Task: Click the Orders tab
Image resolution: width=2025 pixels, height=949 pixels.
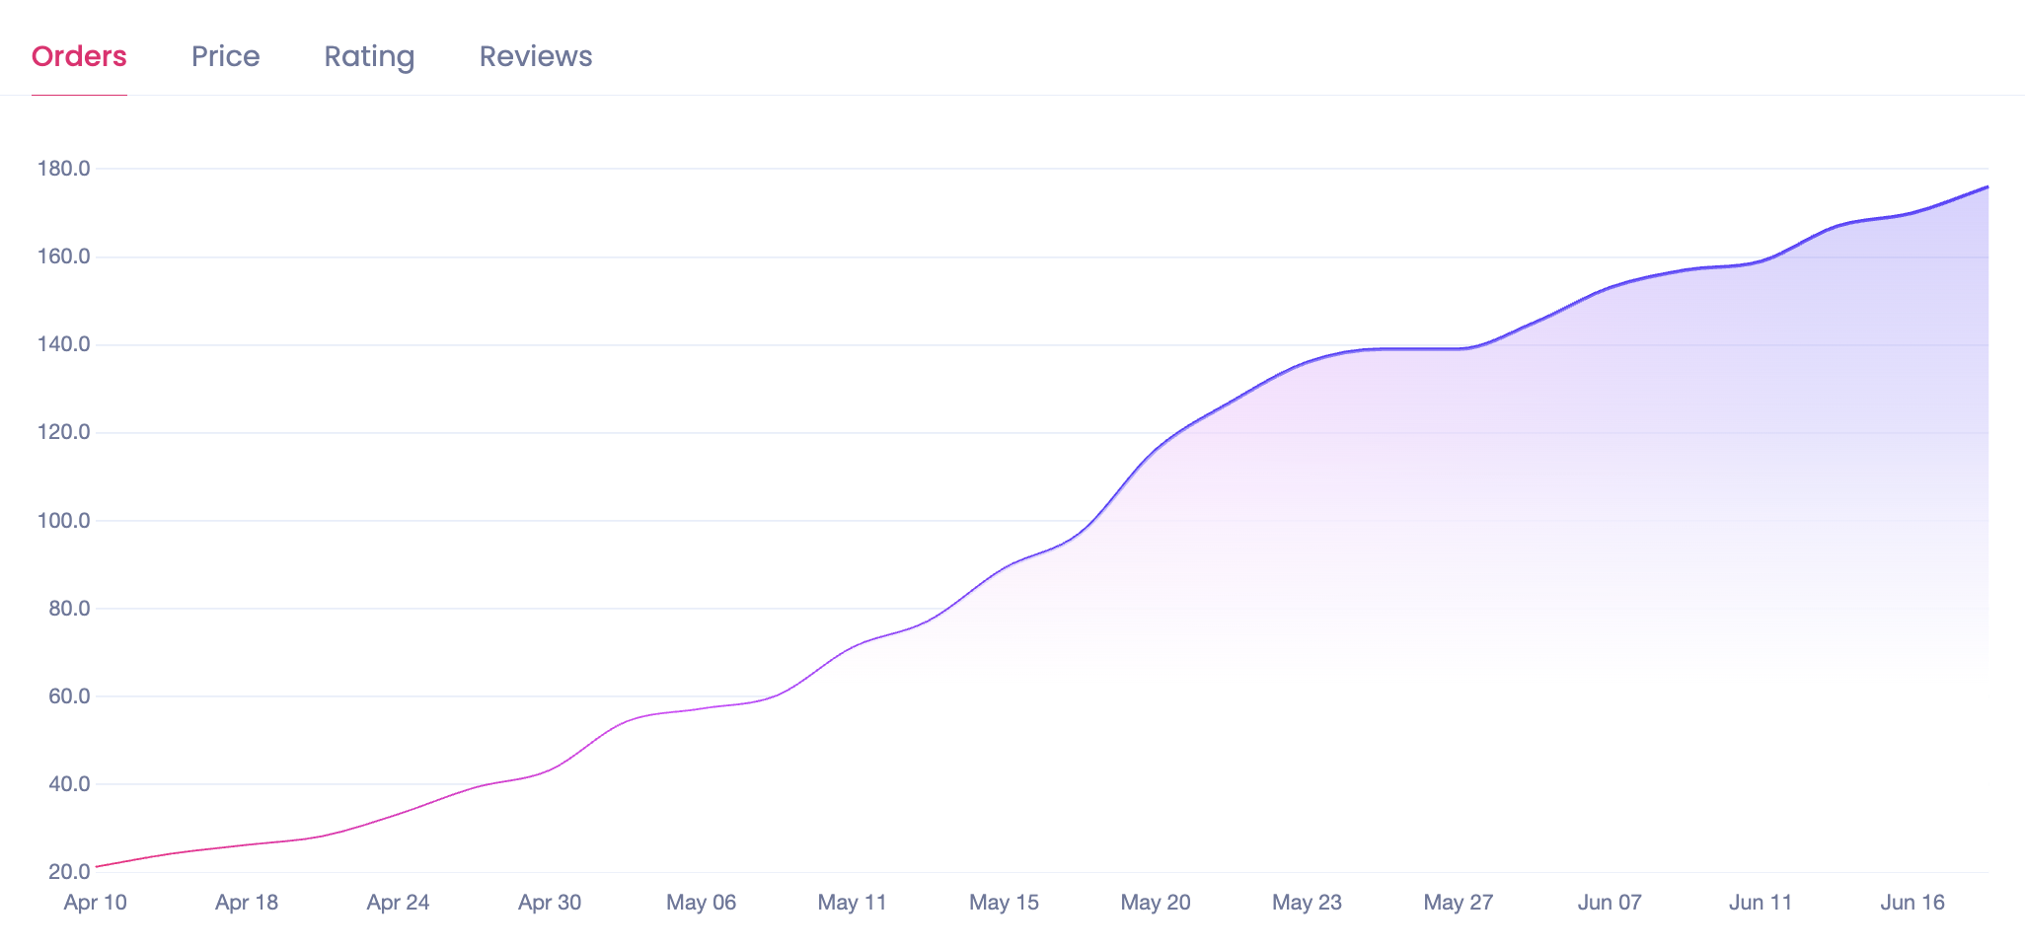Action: tap(79, 56)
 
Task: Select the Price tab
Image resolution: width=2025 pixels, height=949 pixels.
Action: tap(225, 56)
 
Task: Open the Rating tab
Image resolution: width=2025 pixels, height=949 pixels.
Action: tap(369, 56)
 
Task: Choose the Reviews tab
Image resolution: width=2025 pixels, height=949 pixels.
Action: tap(536, 56)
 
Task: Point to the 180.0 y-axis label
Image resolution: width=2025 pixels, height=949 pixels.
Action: tap(63, 169)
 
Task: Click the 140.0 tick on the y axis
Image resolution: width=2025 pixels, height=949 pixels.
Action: tap(63, 344)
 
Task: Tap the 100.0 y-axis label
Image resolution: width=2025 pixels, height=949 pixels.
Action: tap(63, 520)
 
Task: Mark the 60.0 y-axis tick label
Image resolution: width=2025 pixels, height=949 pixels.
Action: tap(68, 696)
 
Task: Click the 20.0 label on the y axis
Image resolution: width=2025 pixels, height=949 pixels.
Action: tap(68, 872)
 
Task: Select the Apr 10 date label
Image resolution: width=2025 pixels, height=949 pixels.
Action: tap(95, 902)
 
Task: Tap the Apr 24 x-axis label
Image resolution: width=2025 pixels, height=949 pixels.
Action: tap(398, 902)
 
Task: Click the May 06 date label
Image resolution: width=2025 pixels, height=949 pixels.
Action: tap(701, 902)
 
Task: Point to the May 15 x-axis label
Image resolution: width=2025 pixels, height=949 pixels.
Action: tap(1004, 902)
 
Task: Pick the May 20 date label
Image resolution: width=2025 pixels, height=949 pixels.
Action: tap(1156, 902)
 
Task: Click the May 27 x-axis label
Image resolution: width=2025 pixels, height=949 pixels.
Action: tap(1459, 902)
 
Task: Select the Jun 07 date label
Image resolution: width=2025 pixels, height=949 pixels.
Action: tap(1610, 902)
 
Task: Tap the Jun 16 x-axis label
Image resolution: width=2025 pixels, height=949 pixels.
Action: tap(1912, 902)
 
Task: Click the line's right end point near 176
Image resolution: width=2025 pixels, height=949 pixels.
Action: tap(1987, 186)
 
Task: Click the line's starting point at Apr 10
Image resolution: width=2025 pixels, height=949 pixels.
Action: tap(96, 867)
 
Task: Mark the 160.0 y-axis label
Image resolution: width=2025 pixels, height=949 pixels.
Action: tap(63, 256)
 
